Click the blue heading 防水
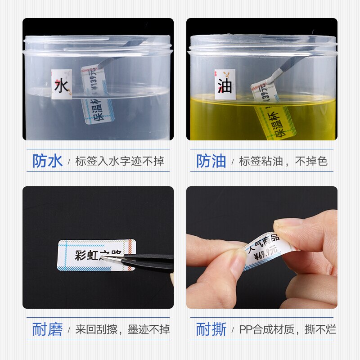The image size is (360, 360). click(47, 161)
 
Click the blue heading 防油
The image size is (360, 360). click(211, 161)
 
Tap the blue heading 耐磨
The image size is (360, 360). click(47, 329)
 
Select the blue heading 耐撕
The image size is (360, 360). click(211, 329)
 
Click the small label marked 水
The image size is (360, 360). click(62, 84)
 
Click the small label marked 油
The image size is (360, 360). click(225, 84)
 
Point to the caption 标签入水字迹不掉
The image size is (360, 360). click(120, 161)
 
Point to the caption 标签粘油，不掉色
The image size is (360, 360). click(283, 161)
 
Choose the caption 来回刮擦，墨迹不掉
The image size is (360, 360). click(122, 329)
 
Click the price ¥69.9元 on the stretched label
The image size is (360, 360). click(265, 253)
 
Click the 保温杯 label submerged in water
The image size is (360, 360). click(98, 110)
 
